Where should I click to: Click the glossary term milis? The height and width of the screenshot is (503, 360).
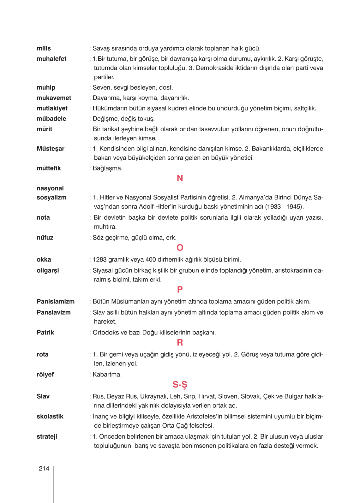pos(44,49)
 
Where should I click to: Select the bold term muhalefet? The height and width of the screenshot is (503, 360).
pos(51,59)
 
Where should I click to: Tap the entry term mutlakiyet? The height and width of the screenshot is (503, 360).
pos(52,109)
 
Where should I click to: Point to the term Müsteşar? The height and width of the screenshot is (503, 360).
pos(51,149)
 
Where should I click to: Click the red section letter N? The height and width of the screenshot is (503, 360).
pos(180,179)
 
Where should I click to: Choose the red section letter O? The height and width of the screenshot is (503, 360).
pos(180,248)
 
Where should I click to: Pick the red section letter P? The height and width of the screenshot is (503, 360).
pos(180,290)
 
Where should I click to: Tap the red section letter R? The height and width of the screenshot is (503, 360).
pos(180,343)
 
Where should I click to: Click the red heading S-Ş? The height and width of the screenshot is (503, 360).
pos(180,385)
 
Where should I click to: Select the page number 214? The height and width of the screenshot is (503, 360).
pos(44,469)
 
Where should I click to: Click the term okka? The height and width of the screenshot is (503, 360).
pos(44,260)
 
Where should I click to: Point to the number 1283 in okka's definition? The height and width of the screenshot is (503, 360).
pos(99,260)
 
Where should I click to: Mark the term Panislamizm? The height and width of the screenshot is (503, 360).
pos(56,302)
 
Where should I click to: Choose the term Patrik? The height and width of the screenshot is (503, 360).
pos(45,333)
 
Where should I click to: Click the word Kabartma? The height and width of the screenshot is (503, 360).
pos(107,375)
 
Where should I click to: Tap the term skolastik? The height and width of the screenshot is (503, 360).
pos(50,417)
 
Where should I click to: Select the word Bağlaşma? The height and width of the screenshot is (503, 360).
pos(107,169)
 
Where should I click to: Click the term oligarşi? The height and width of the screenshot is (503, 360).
pos(48,271)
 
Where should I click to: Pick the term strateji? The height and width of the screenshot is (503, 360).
pos(47,437)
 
